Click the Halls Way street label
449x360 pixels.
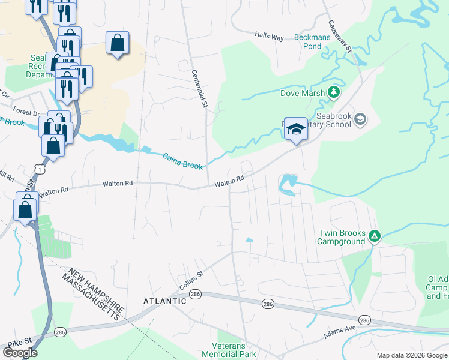pyautogui.click(x=268, y=37)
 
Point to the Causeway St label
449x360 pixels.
pyautogui.click(x=339, y=37)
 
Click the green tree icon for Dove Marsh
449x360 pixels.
pyautogui.click(x=333, y=92)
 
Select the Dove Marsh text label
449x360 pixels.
pyautogui.click(x=303, y=93)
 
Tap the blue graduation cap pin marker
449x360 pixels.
pyautogui.click(x=295, y=129)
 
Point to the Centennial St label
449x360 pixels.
pyautogui.click(x=199, y=88)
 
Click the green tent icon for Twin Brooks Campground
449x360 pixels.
pyautogui.click(x=374, y=236)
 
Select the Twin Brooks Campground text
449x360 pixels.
pyautogui.click(x=341, y=237)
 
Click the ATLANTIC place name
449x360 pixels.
pyautogui.click(x=164, y=301)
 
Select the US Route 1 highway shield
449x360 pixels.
pyautogui.click(x=40, y=170)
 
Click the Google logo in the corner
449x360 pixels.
pyautogui.click(x=20, y=352)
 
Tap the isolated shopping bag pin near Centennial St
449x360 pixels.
pyautogui.click(x=117, y=43)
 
